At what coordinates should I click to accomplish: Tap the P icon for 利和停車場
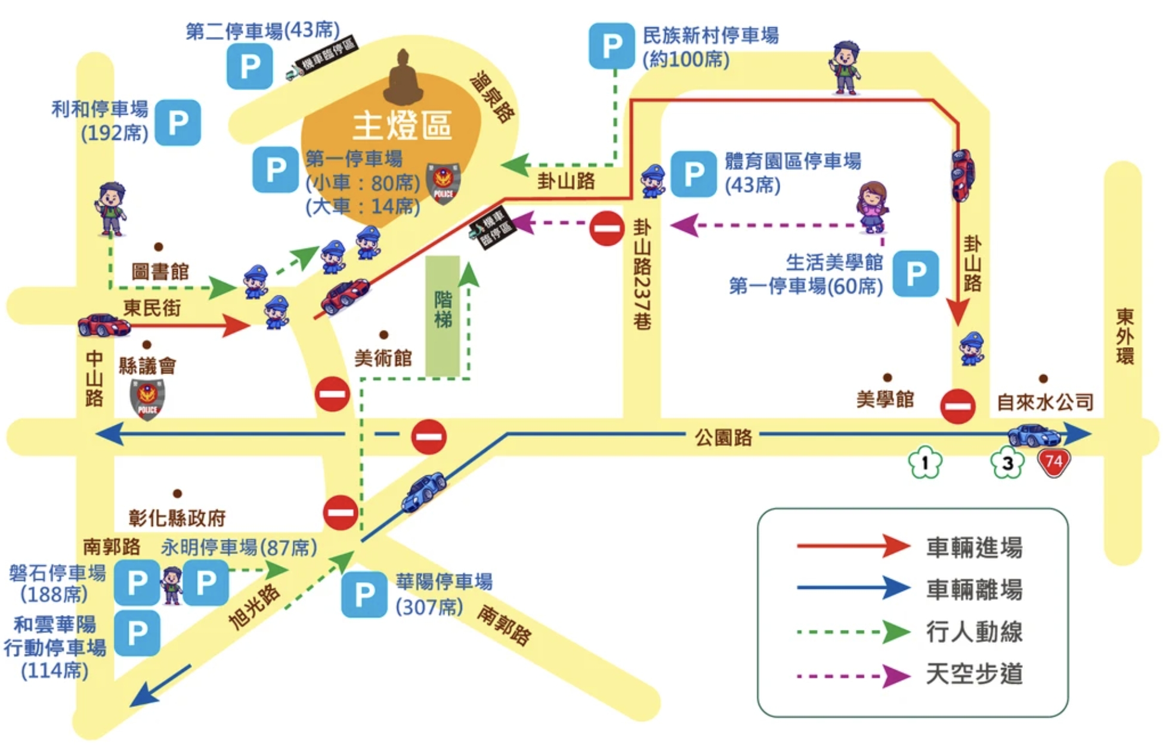click(x=178, y=123)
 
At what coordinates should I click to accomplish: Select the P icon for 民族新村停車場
click(x=611, y=46)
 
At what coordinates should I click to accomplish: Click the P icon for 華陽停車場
click(x=364, y=594)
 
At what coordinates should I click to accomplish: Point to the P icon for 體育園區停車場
click(x=693, y=174)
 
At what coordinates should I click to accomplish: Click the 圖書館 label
click(x=160, y=272)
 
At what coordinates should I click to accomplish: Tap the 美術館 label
click(x=383, y=358)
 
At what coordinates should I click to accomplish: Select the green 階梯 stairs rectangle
click(x=443, y=316)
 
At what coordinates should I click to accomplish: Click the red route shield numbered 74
click(x=1054, y=462)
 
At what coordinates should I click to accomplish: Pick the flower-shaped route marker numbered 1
click(x=924, y=463)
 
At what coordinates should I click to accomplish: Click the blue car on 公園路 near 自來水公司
click(x=1034, y=435)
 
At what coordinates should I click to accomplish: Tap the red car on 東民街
click(x=104, y=324)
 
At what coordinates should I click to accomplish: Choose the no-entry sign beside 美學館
click(x=957, y=406)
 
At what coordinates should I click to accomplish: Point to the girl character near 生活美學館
click(x=873, y=207)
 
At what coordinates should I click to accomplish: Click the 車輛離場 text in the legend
click(x=974, y=589)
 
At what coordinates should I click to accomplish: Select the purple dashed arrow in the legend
click(x=853, y=676)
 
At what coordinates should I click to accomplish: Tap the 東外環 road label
click(x=1124, y=336)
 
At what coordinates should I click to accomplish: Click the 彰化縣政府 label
click(x=177, y=518)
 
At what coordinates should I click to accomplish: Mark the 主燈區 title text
click(x=402, y=126)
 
